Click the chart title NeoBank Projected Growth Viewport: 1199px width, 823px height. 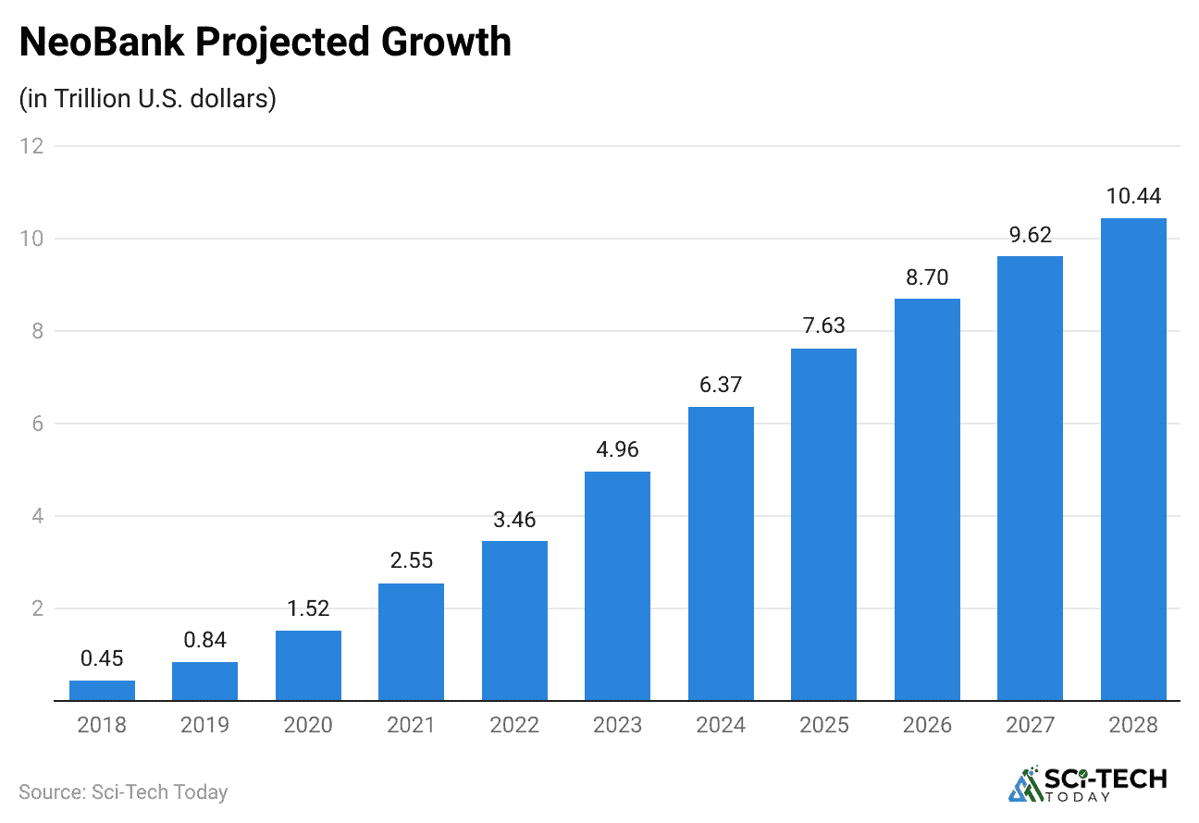coord(265,43)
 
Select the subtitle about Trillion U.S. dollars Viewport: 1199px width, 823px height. coord(148,99)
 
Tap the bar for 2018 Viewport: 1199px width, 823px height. coord(102,691)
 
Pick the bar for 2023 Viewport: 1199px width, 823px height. coord(617,586)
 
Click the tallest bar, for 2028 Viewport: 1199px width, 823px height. coord(1132,460)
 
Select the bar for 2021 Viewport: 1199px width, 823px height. coord(411,642)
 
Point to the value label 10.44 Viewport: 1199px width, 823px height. coord(1132,196)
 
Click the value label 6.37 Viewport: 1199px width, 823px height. coord(720,385)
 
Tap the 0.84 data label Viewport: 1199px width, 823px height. coord(204,640)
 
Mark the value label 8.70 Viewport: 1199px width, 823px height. coord(927,277)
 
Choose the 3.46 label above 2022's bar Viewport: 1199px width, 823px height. coord(514,519)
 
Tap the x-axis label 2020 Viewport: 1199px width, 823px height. coord(308,726)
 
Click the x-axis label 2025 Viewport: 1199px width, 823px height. coord(823,726)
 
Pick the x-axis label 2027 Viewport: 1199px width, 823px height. coord(1030,726)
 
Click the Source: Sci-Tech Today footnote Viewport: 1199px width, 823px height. coord(123,792)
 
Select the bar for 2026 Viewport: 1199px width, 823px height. coord(927,499)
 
